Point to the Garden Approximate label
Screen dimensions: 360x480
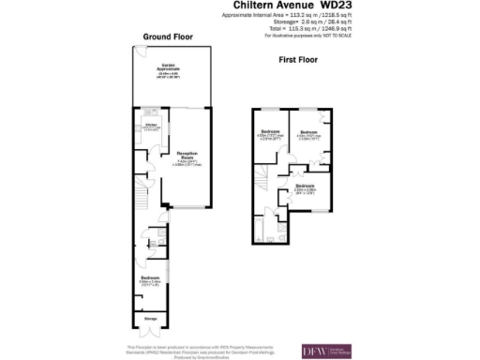click(169, 67)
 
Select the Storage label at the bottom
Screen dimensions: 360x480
click(151, 320)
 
